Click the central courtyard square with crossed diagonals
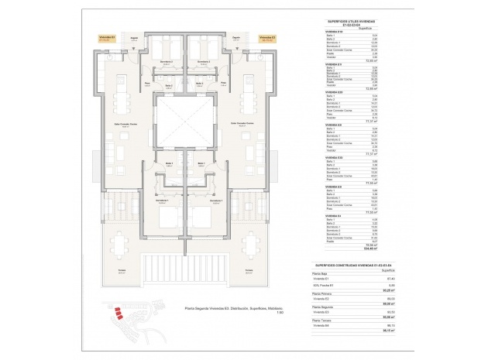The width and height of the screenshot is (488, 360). [184, 123]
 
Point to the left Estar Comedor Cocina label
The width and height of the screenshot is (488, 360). [122, 123]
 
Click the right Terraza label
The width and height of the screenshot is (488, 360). [248, 270]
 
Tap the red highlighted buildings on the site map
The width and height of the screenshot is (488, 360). [119, 314]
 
